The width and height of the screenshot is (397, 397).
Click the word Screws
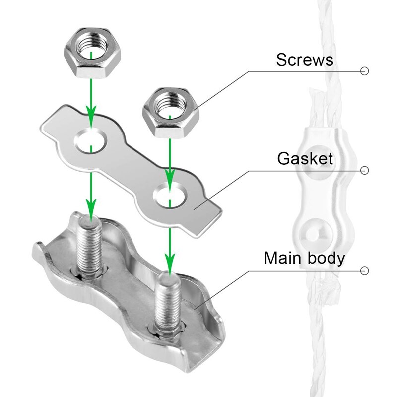tap(304, 60)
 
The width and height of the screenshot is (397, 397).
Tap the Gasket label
tap(305, 159)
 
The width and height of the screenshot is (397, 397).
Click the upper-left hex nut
tap(91, 55)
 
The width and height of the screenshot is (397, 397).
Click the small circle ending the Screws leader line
tap(365, 71)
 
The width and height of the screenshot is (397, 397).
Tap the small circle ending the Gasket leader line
tap(365, 170)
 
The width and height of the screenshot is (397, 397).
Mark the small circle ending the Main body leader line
tap(365, 270)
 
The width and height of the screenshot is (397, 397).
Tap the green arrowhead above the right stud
tap(170, 260)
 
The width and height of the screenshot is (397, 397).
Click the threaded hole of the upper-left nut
tap(91, 51)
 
